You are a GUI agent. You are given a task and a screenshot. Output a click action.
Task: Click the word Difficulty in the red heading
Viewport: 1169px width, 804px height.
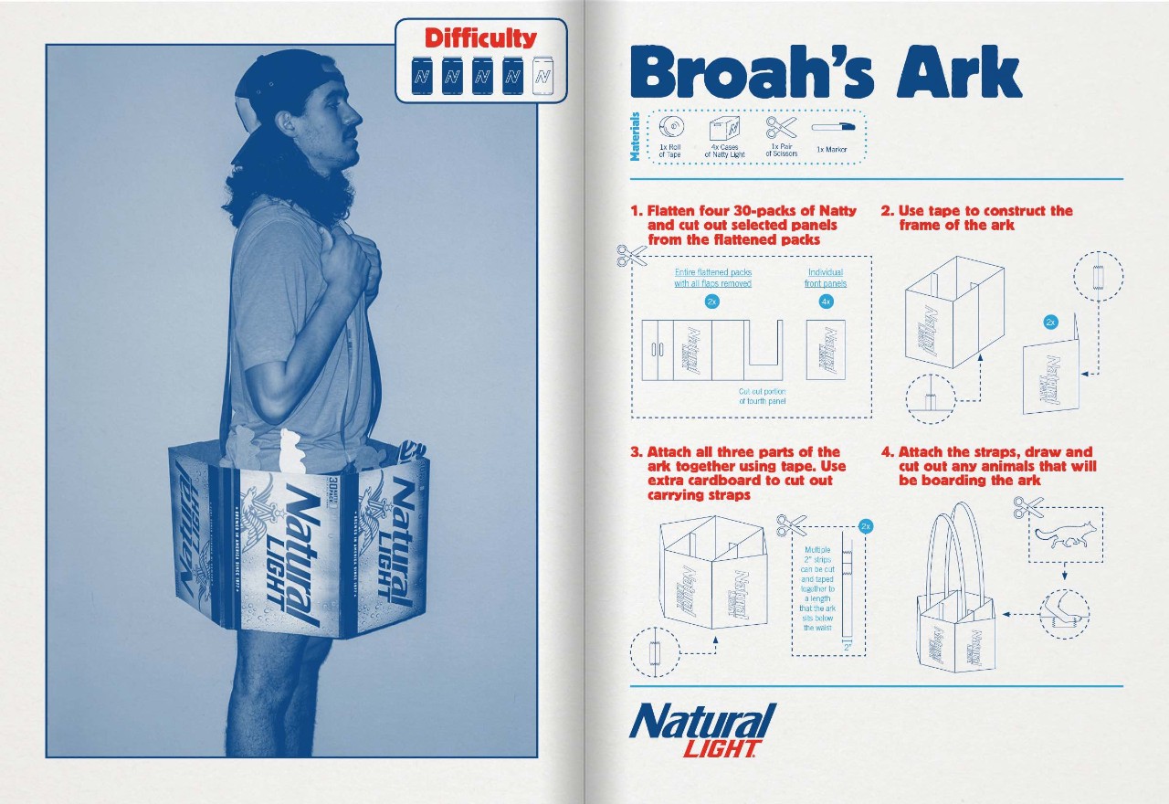tap(480, 37)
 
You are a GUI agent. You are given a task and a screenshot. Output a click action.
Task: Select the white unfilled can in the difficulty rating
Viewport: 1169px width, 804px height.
tap(542, 76)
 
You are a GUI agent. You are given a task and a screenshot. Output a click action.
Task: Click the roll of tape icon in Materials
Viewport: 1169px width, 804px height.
tap(669, 128)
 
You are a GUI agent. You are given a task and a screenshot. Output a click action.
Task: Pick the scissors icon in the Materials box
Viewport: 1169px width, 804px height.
tap(781, 126)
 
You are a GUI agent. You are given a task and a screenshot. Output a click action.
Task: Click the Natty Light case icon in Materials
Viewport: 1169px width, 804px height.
tap(725, 127)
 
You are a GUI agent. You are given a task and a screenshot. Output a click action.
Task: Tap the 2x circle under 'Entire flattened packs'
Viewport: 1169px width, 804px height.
tap(712, 301)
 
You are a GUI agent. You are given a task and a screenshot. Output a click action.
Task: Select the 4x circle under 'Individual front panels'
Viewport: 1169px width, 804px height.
tap(826, 301)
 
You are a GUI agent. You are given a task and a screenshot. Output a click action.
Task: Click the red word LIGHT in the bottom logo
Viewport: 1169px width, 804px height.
tap(720, 749)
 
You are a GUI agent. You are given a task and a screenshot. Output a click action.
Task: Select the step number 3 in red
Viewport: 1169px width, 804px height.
tap(636, 452)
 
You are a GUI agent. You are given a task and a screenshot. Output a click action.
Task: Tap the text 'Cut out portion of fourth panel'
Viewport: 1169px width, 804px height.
tap(762, 397)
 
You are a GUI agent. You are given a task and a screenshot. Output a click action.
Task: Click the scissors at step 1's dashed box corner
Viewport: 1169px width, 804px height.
tap(630, 256)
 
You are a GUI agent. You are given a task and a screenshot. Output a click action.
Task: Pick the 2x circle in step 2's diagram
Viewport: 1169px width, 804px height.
tap(1050, 322)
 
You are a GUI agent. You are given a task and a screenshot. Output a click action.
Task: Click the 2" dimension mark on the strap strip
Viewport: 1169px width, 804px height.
tap(848, 647)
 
